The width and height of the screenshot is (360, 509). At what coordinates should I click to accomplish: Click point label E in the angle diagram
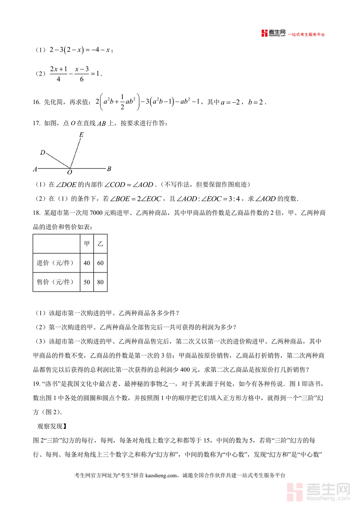81,135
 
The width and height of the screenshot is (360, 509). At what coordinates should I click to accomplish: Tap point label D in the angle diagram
42,152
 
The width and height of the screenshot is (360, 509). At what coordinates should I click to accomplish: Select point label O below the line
70,172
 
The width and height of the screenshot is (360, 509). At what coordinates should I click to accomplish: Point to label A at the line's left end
35,169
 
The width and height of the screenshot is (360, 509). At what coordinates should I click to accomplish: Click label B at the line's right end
109,168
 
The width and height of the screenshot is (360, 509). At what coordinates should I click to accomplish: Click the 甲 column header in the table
87,244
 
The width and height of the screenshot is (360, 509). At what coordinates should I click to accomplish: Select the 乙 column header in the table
100,244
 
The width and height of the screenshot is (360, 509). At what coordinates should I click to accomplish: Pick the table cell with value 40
87,263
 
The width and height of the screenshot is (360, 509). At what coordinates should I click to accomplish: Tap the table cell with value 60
100,263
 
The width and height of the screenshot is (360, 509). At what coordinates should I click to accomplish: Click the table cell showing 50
87,282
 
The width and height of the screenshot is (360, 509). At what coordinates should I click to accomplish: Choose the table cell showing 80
100,282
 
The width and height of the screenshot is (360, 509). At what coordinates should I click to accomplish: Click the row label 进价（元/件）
55,263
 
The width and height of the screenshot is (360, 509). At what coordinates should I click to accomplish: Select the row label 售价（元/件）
55,282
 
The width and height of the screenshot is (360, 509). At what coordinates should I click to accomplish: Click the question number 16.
36,102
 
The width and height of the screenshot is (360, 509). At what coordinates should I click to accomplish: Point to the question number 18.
36,213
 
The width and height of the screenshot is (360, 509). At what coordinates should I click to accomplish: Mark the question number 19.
36,385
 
